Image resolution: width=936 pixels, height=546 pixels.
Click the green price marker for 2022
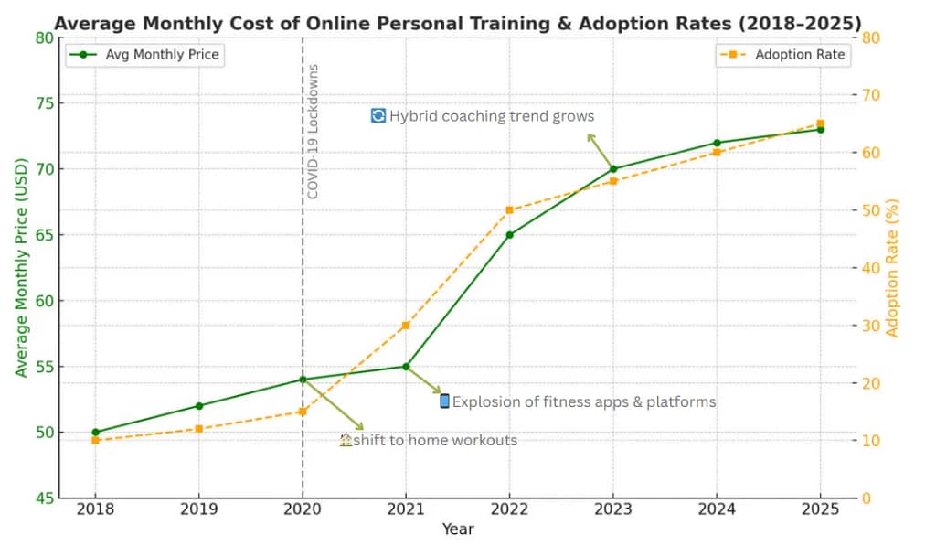[509, 235]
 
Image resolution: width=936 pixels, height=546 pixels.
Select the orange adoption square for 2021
[406, 326]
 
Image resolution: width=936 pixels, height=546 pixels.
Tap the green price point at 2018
[95, 432]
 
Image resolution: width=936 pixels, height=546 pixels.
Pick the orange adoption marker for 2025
[820, 123]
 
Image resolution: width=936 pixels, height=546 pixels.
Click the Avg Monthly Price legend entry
[145, 55]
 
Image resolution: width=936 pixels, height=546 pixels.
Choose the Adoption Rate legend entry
[784, 55]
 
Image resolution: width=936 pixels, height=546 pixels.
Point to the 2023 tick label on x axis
[613, 509]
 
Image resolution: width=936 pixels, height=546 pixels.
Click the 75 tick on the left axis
[44, 103]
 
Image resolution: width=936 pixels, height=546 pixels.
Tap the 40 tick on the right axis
[869, 268]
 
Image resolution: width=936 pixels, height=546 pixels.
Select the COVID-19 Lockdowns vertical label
[313, 131]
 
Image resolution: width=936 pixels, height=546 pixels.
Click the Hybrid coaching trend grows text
[491, 116]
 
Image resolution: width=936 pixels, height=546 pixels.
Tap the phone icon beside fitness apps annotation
[445, 401]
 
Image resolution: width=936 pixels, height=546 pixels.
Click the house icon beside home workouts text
[346, 440]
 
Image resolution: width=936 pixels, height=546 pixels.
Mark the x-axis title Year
[458, 530]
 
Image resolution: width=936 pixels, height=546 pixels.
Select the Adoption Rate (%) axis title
[893, 267]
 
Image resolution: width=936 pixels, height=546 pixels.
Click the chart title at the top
[457, 22]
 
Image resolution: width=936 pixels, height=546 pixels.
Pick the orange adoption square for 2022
[509, 210]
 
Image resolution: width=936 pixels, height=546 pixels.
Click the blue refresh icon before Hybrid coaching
[378, 115]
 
